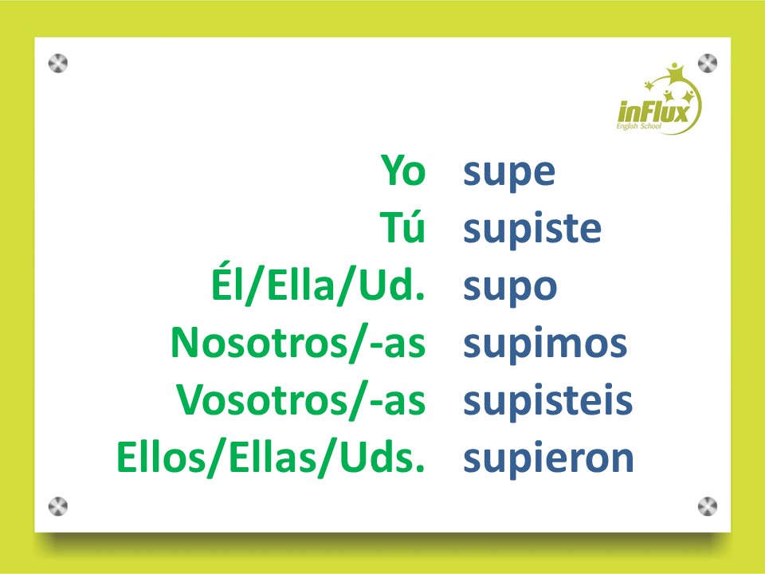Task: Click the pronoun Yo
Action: pos(403,170)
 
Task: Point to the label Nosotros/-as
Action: pos(298,344)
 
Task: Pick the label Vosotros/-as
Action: pos(301,400)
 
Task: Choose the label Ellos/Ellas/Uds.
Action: pos(271,458)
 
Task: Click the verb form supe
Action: pos(509,174)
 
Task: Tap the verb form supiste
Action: pos(532,229)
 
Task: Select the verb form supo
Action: pos(510,289)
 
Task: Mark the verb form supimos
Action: pos(545,344)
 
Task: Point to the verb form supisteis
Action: pos(548,400)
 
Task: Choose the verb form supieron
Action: pos(548,459)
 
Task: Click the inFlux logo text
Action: pos(653,112)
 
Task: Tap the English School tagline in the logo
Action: pos(638,127)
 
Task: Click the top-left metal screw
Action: pos(58,64)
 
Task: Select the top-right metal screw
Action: pos(708,63)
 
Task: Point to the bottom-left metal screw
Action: pos(58,507)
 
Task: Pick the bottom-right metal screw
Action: pos(708,507)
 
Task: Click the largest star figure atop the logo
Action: pos(675,73)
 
